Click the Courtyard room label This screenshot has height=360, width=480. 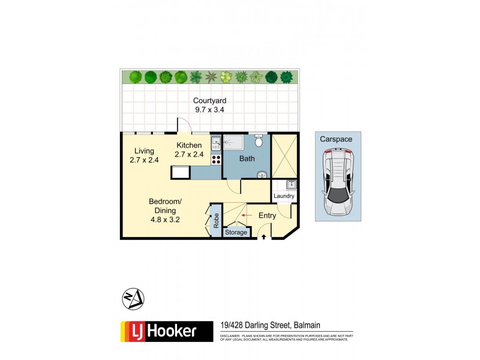[209, 100]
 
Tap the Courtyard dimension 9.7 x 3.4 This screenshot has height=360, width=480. [209, 110]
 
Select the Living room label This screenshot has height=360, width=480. [144, 151]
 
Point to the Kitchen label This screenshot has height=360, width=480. [189, 145]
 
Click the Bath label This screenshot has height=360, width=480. [247, 159]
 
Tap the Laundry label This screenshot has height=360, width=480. [284, 196]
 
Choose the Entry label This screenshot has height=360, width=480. [267, 215]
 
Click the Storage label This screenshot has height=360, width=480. [236, 232]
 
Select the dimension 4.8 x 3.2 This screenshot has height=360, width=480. [165, 220]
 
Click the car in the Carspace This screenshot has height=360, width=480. [338, 182]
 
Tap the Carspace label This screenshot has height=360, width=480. [336, 139]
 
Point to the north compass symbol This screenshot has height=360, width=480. [133, 298]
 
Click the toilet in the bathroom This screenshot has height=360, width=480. [259, 142]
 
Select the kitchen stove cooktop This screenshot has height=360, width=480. [216, 160]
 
